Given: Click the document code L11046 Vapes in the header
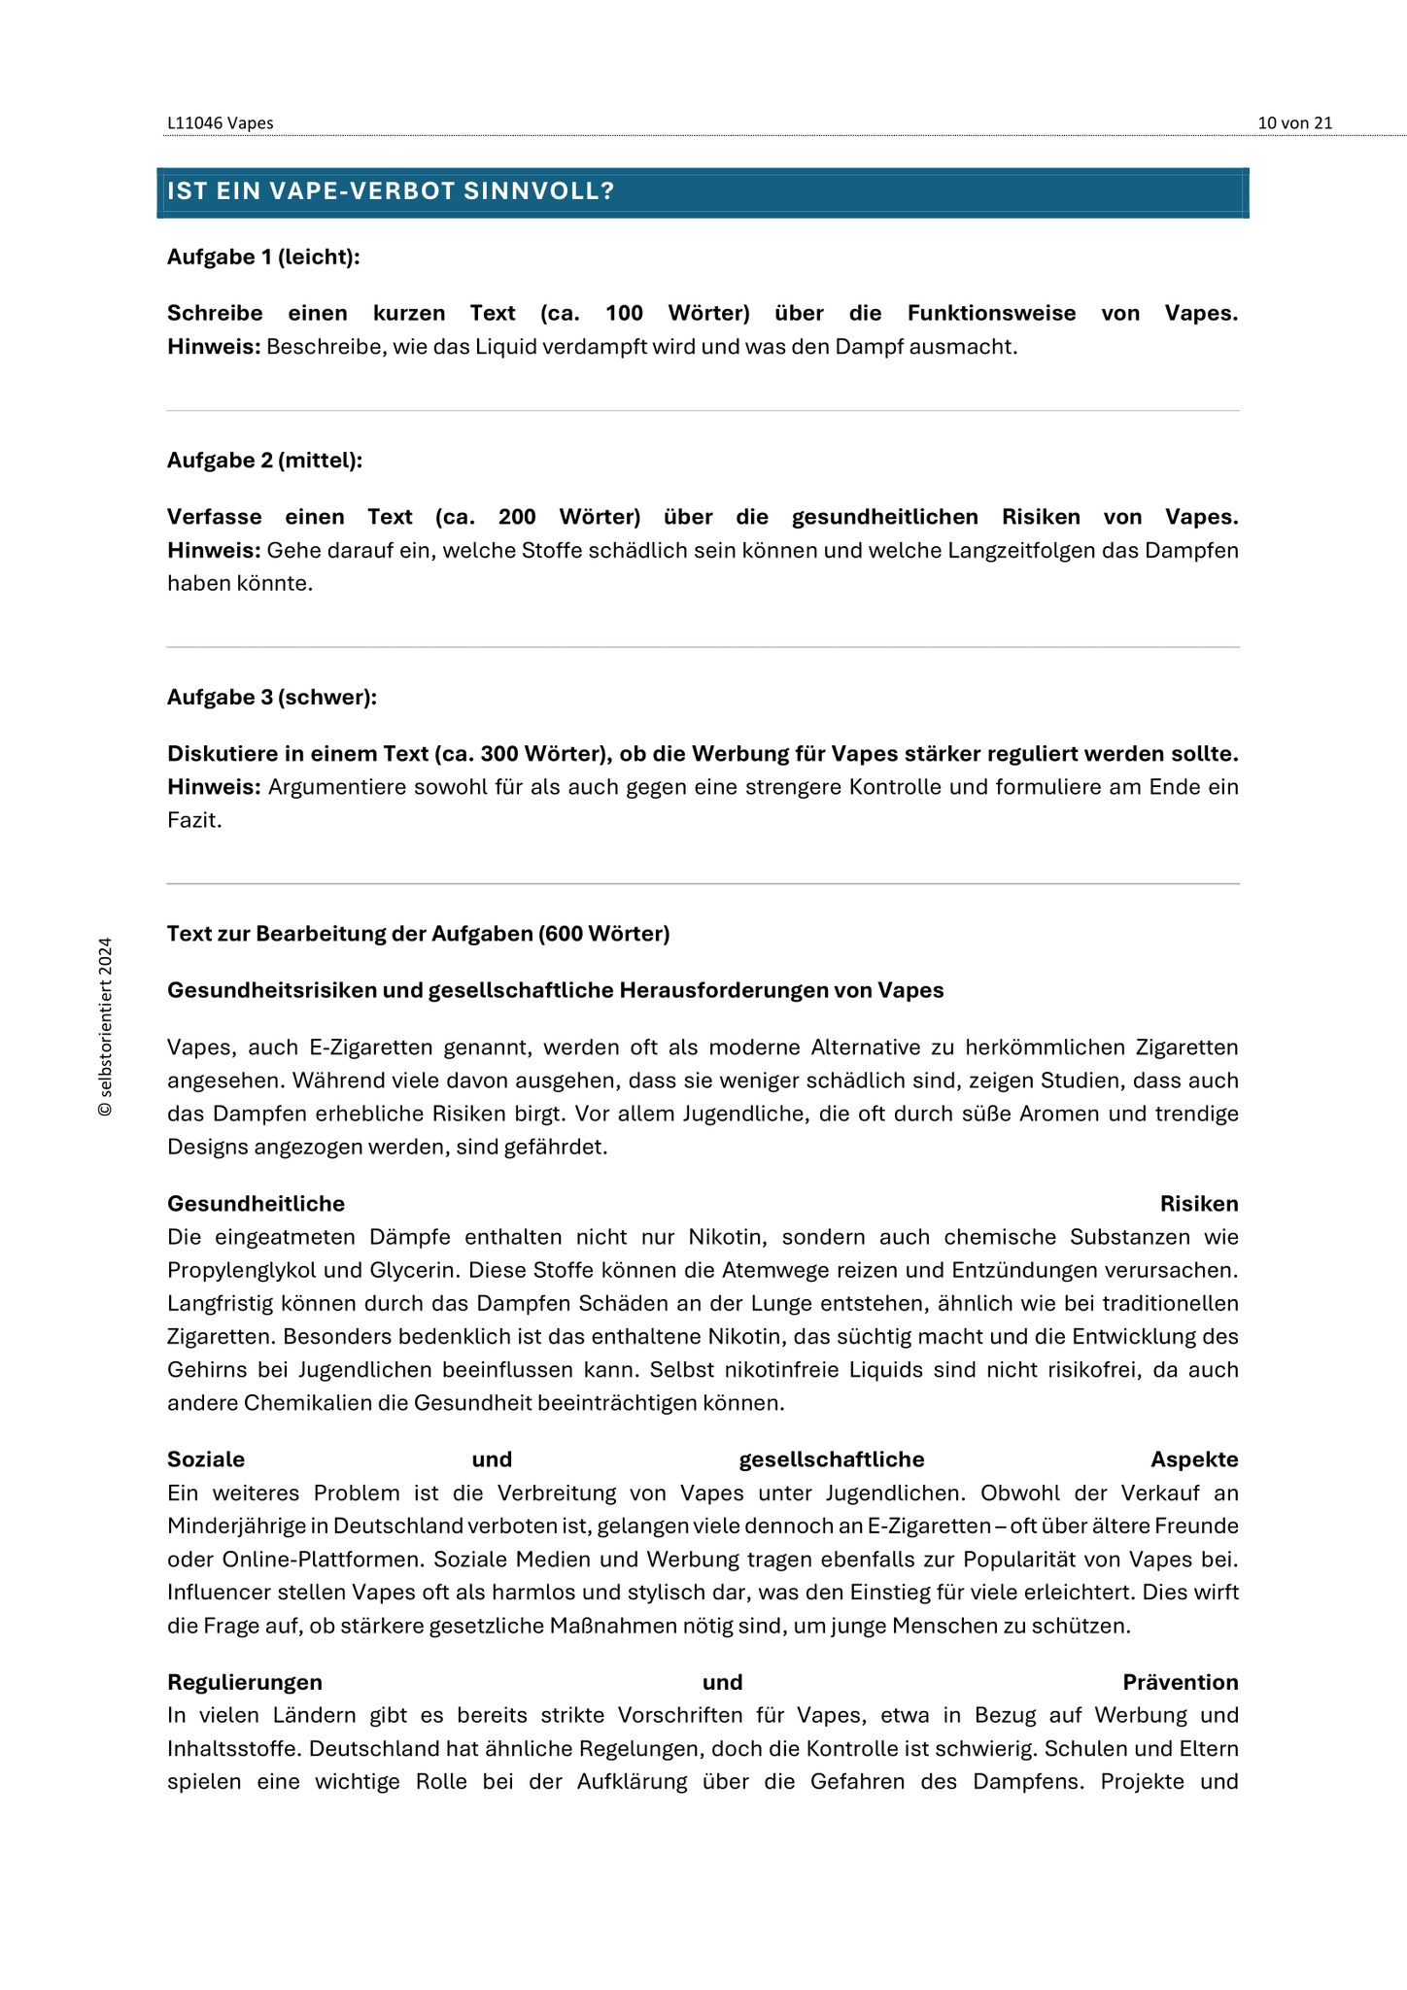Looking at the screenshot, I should [220, 123].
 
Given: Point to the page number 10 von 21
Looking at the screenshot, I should [1294, 123].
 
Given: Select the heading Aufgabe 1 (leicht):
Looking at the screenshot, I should [263, 257].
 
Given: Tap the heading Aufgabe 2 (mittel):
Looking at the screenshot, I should [264, 461].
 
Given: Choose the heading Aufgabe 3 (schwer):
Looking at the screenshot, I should [272, 698].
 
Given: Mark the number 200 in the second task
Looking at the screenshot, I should [517, 517].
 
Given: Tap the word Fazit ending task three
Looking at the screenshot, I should [193, 820].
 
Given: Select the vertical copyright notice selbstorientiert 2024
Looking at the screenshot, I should [105, 1027].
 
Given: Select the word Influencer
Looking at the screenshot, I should [215, 1593].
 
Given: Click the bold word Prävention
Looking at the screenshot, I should [1180, 1683].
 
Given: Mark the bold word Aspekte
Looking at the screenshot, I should [1194, 1460].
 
